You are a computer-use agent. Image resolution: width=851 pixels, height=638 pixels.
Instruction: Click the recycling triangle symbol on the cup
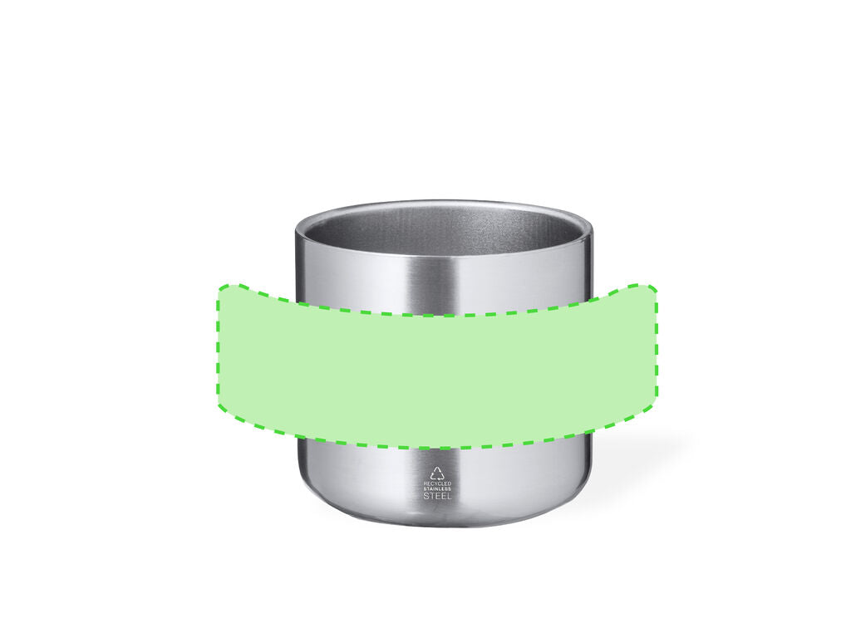point(437,473)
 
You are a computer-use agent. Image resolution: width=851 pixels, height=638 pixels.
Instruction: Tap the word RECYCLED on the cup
point(437,483)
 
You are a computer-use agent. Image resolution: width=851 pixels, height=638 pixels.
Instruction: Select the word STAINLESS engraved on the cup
point(437,488)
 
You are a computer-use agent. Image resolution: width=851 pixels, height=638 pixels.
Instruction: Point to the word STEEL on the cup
point(437,495)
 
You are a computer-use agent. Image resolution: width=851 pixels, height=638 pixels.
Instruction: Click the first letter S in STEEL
point(426,495)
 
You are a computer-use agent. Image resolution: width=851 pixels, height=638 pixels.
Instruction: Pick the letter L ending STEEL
point(448,495)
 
